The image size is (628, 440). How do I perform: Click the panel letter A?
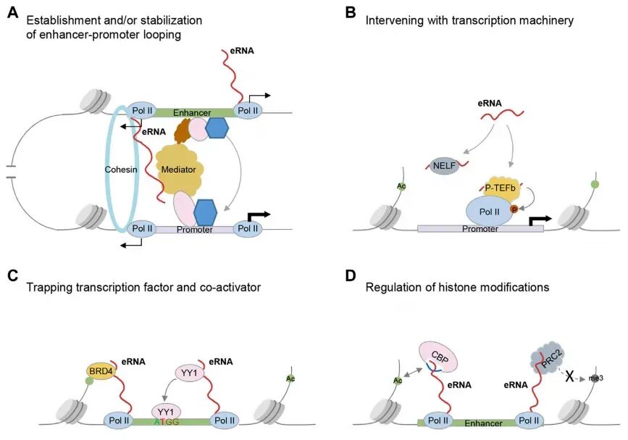click(x=12, y=13)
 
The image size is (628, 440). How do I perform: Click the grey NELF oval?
click(x=445, y=166)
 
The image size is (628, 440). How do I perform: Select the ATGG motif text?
click(x=167, y=420)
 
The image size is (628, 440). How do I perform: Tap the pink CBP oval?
click(x=436, y=357)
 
